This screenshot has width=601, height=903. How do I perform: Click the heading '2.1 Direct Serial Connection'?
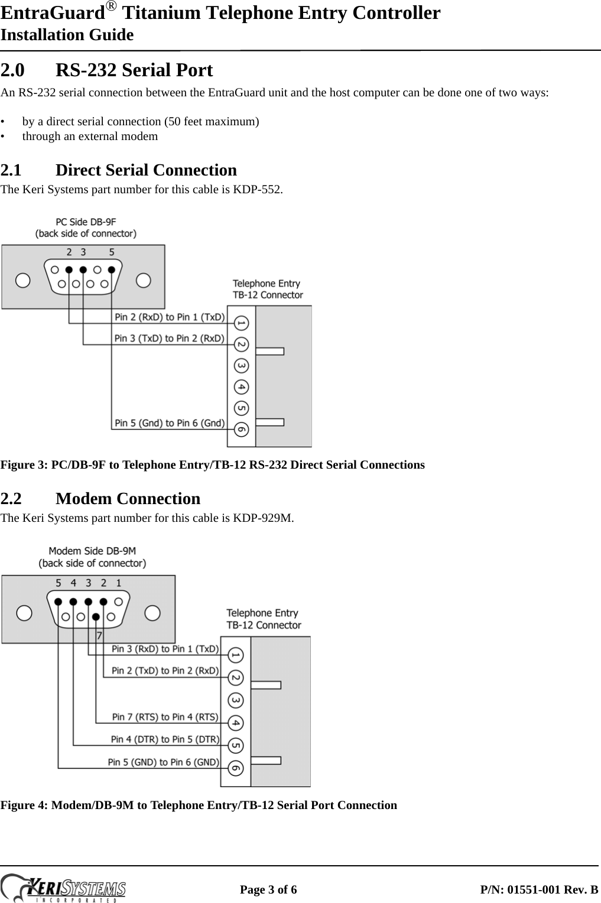pos(118,170)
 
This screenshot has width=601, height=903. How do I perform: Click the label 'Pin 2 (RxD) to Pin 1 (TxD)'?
pos(170,317)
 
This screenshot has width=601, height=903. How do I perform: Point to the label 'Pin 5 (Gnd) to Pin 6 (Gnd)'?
pos(170,423)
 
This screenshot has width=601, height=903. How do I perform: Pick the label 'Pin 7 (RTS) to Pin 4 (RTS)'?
pos(165,717)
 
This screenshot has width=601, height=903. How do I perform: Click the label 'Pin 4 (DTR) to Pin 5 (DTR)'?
pos(165,739)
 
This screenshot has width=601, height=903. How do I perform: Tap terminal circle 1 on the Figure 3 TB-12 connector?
pos(241,323)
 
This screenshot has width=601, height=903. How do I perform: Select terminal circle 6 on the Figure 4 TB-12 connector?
pos(235,768)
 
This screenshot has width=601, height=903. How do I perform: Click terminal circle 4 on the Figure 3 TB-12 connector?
pos(241,387)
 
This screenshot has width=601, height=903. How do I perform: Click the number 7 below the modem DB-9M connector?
pos(99,636)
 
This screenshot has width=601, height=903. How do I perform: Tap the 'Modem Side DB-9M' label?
pos(92,551)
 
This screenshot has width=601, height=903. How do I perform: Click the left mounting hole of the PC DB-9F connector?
pos(23,280)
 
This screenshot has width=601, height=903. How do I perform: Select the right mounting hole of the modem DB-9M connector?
pos(152,613)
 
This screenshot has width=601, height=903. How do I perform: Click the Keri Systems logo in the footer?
pos(65,888)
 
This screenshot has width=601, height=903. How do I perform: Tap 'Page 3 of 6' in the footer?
pos(268,889)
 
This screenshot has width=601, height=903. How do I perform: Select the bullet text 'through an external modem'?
pos(90,137)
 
